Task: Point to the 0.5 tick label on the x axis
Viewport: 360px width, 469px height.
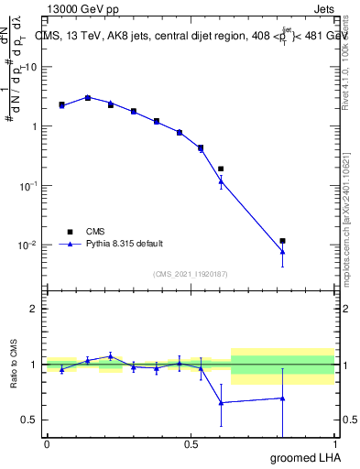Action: click(191, 443)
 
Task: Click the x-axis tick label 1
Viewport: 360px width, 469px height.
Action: click(335, 443)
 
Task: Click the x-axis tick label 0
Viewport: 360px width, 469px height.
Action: click(47, 443)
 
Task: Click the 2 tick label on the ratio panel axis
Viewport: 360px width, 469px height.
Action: click(35, 309)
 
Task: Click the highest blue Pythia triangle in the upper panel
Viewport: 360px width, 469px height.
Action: click(88, 97)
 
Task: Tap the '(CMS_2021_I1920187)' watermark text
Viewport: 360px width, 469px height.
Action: click(190, 273)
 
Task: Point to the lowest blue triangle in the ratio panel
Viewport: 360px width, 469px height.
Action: click(221, 402)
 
